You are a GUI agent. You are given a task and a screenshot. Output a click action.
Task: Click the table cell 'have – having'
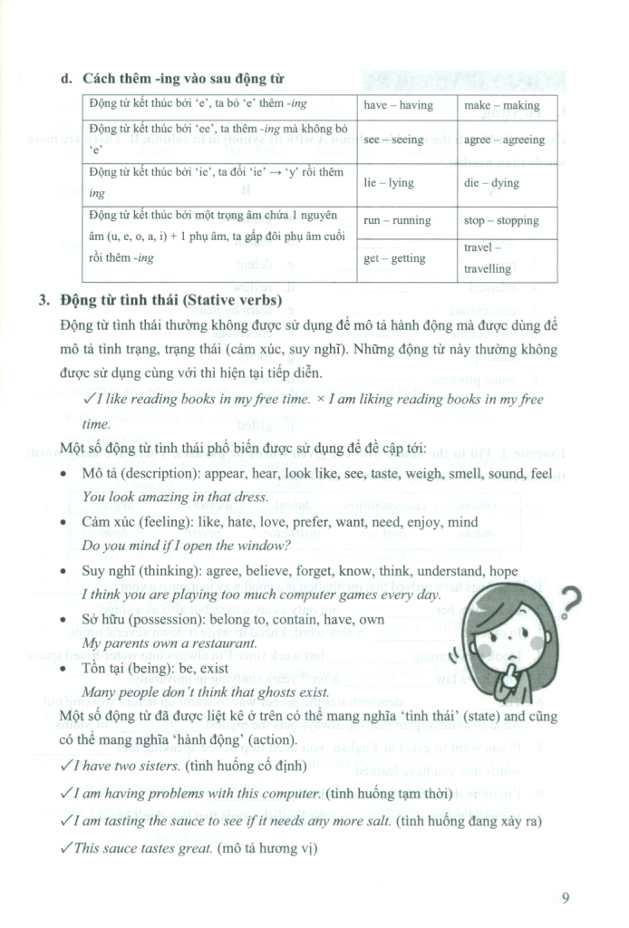[x=398, y=105]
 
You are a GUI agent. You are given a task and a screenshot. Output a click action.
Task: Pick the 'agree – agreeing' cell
[x=504, y=140]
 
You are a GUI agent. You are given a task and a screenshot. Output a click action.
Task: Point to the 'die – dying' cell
[x=492, y=182]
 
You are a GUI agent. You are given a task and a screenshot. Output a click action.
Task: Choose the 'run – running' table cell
[x=397, y=220]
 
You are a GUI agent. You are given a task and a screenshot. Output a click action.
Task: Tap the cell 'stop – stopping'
[x=501, y=220]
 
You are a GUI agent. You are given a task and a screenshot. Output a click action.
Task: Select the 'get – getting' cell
[x=394, y=258]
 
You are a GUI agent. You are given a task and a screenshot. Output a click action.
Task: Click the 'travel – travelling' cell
[x=489, y=258]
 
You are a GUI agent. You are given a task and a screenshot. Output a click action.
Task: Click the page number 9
[x=565, y=899]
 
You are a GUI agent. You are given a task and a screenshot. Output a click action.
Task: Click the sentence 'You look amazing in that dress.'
[x=175, y=497]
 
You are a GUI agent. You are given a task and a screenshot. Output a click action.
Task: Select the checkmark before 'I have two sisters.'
[x=87, y=766]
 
